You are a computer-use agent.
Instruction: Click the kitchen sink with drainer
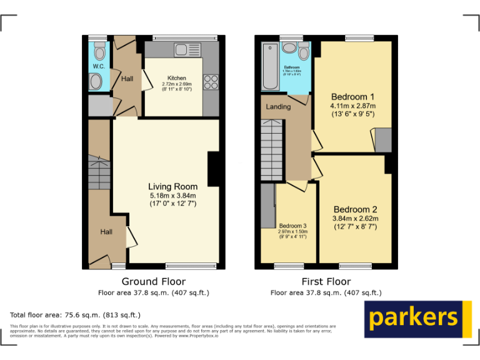(185, 49)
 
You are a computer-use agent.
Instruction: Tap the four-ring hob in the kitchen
(211, 82)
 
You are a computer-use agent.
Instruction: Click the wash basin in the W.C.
(96, 81)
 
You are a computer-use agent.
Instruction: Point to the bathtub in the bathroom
(271, 66)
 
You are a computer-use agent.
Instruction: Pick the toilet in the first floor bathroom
(304, 51)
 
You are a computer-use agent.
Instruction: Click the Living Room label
(172, 186)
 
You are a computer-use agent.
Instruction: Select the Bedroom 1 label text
(352, 97)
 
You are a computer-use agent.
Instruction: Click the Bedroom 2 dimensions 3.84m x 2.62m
(355, 218)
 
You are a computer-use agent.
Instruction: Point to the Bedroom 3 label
(292, 226)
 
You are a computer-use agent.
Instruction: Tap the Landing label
(278, 107)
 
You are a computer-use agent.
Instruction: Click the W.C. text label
(99, 66)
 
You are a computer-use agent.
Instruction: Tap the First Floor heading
(326, 281)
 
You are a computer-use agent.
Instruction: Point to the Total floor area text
(76, 315)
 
